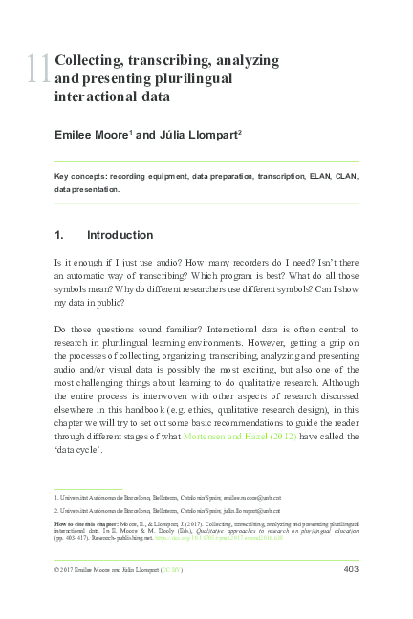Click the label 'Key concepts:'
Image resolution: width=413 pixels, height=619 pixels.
tap(79, 177)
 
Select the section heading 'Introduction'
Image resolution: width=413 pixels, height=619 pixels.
tap(120, 235)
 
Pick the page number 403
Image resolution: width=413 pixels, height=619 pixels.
tap(349, 570)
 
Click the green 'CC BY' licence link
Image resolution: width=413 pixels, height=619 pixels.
tap(169, 571)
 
